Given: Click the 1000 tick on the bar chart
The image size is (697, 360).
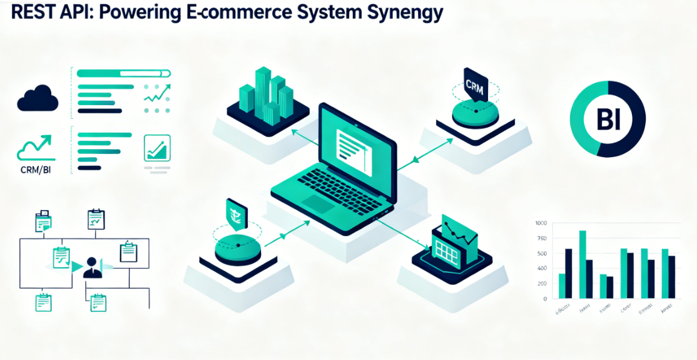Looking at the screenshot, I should [x=541, y=224].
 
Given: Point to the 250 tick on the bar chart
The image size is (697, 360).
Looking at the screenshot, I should [x=541, y=284].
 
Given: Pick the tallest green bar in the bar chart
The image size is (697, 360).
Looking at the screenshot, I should [x=582, y=264].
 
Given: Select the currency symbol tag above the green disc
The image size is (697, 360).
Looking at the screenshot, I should [x=237, y=213].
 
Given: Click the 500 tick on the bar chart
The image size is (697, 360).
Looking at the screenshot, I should [x=541, y=254].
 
